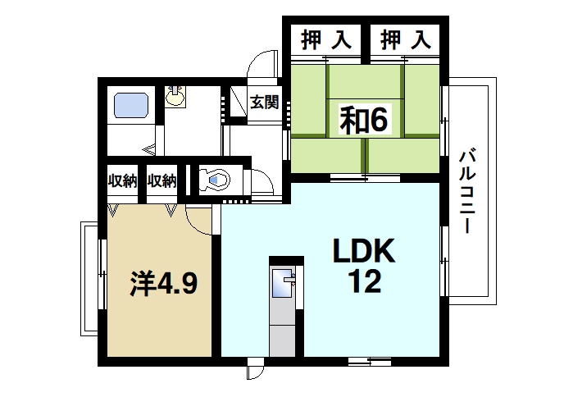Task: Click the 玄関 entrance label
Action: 265,103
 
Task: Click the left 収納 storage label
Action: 122,180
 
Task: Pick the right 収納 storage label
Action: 162,180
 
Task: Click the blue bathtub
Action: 130,107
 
